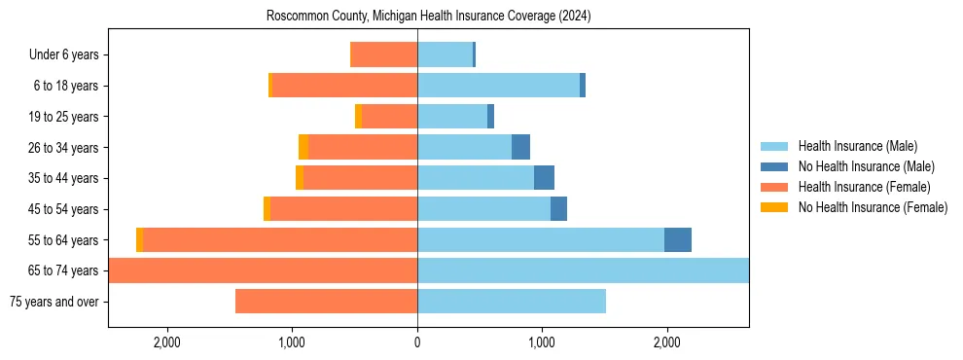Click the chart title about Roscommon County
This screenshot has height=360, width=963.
[428, 17]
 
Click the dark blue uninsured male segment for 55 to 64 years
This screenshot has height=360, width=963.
[678, 239]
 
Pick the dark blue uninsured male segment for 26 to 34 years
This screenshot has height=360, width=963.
[520, 147]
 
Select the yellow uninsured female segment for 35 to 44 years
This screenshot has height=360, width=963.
[300, 178]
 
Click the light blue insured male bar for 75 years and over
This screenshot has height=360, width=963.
[512, 302]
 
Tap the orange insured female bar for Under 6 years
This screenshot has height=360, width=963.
[383, 55]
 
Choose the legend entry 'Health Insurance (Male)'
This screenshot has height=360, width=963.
[857, 146]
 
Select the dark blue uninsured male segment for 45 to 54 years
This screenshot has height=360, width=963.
[558, 209]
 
